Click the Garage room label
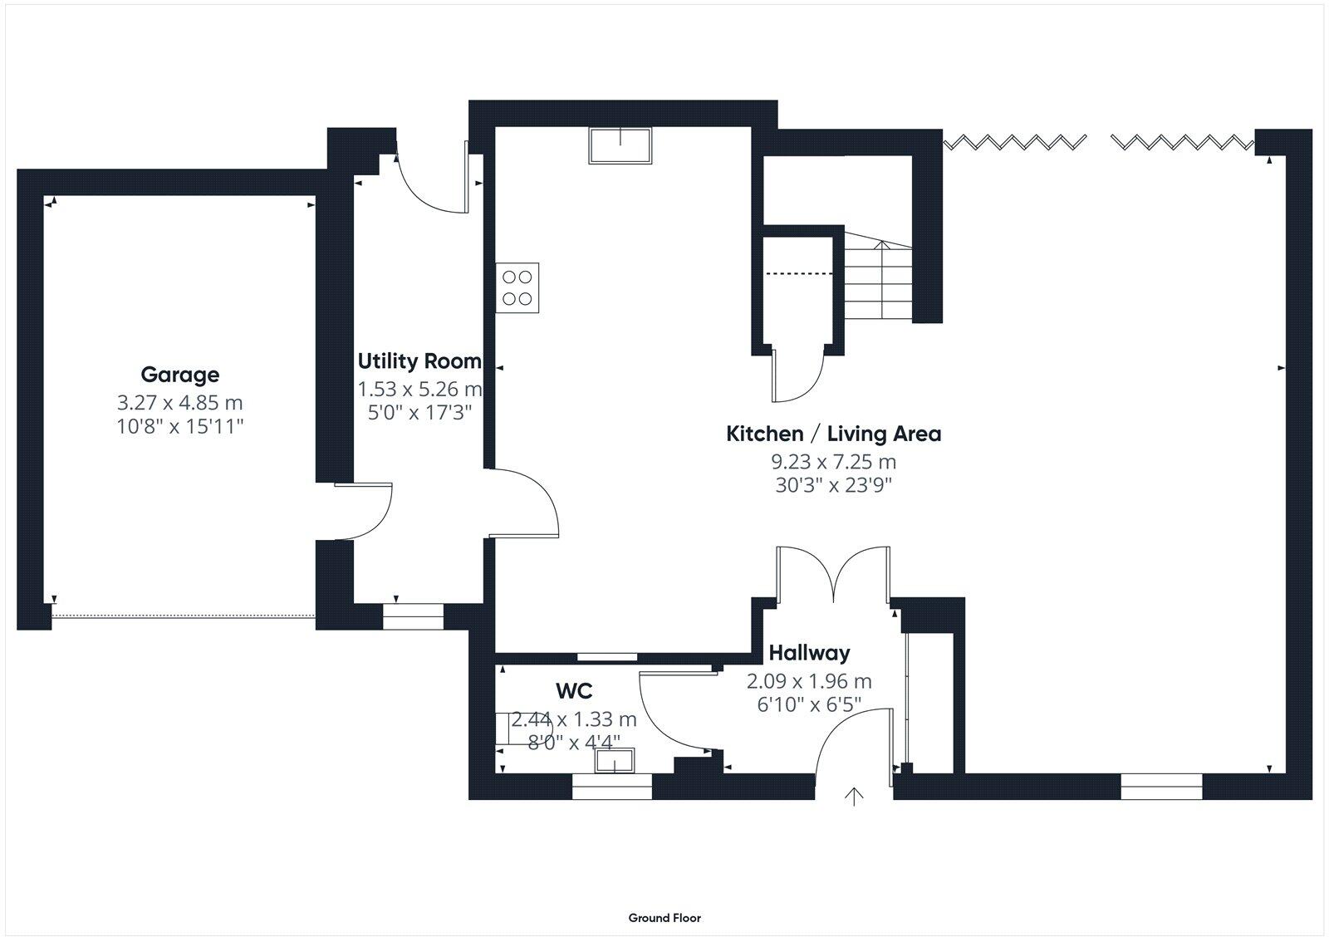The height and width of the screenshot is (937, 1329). point(179,375)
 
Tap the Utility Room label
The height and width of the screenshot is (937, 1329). point(419,361)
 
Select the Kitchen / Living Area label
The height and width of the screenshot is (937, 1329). point(833,434)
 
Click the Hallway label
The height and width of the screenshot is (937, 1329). point(809,653)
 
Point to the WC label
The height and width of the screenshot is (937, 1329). point(573,690)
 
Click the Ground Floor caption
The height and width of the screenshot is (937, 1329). point(664,918)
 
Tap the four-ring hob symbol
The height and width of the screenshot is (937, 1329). point(517,288)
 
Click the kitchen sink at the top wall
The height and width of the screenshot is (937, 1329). point(620,145)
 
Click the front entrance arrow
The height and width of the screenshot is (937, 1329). point(854,796)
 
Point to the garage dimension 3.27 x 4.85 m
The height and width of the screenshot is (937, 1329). point(179,403)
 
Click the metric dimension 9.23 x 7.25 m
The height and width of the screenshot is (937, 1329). point(833,462)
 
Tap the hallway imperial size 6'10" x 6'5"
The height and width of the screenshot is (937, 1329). point(809,704)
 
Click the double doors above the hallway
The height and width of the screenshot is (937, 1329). point(833,573)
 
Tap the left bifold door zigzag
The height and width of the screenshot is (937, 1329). point(1015,142)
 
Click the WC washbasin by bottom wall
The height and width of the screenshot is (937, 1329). point(615,760)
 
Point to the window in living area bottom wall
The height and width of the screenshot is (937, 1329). point(1161,786)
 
